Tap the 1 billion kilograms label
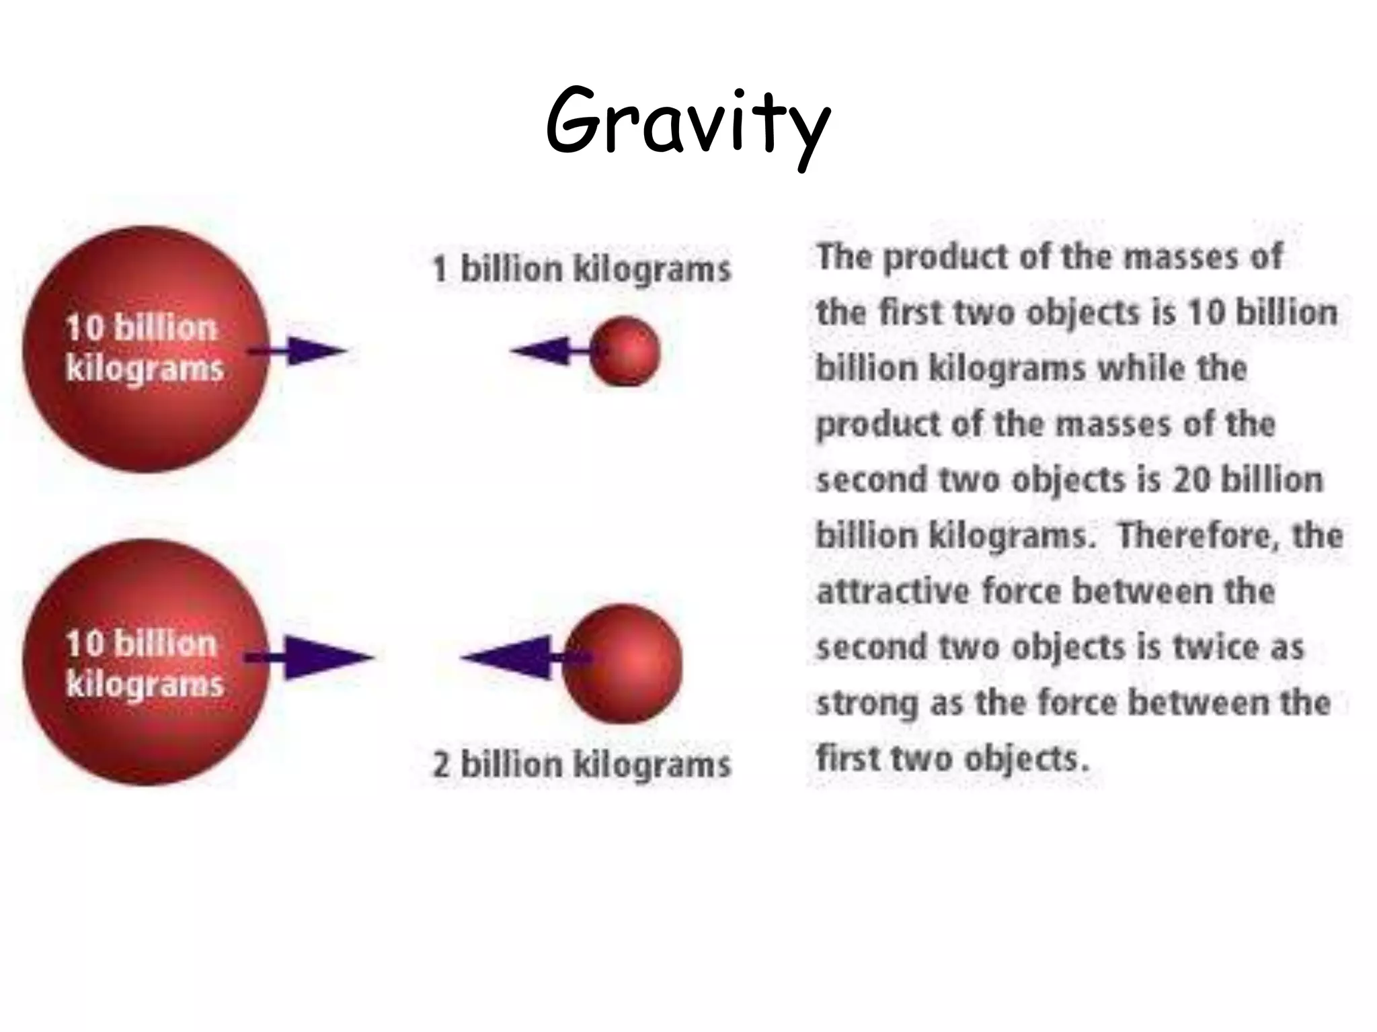point(582,269)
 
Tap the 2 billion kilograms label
point(582,765)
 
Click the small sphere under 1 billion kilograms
point(625,351)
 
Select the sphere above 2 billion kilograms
point(623,663)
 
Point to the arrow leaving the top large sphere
point(299,351)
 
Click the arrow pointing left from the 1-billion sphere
point(548,351)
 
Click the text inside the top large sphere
point(143,348)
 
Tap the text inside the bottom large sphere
point(143,664)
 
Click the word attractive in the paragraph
point(892,591)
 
